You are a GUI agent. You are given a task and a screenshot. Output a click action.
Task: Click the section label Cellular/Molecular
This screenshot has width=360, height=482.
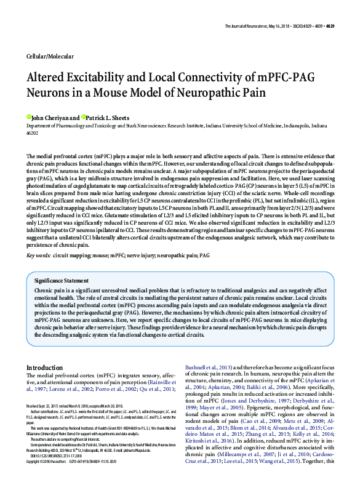[x=49, y=56]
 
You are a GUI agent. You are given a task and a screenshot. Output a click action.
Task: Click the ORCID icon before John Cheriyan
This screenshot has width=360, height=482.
[x=28, y=116]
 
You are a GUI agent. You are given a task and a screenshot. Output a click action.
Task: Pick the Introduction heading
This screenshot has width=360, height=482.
[x=44, y=368]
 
